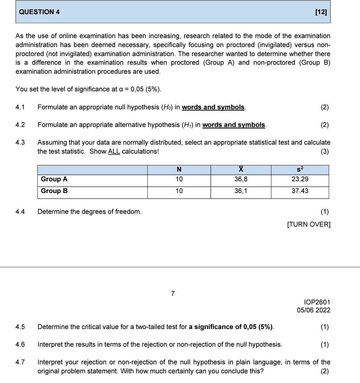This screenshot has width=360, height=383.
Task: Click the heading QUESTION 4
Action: tap(39, 12)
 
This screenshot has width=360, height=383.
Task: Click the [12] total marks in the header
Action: tap(321, 12)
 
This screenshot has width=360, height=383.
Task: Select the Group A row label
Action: tap(54, 179)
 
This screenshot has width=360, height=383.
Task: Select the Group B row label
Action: tap(54, 191)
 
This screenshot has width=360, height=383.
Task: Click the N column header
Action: tap(179, 170)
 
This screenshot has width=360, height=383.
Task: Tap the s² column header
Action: tap(300, 169)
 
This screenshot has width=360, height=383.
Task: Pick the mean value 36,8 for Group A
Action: tap(241, 179)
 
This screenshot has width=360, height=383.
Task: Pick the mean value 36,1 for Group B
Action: tap(241, 191)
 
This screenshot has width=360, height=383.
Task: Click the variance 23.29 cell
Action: tap(300, 179)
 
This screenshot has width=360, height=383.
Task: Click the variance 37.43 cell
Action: tap(300, 191)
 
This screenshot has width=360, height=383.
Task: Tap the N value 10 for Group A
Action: tap(179, 179)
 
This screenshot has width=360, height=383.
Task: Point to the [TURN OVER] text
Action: tap(309, 225)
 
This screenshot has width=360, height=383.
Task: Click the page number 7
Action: tap(173, 294)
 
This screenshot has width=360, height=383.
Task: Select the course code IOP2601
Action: tap(317, 302)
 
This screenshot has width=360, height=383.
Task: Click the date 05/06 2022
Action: tap(313, 310)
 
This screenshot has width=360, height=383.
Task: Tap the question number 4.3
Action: tap(20, 143)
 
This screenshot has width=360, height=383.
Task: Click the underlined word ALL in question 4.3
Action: tap(114, 152)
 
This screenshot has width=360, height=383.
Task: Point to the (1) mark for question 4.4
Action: tap(324, 212)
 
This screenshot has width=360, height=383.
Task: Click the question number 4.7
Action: tap(20, 362)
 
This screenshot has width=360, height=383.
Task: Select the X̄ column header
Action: tap(241, 170)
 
